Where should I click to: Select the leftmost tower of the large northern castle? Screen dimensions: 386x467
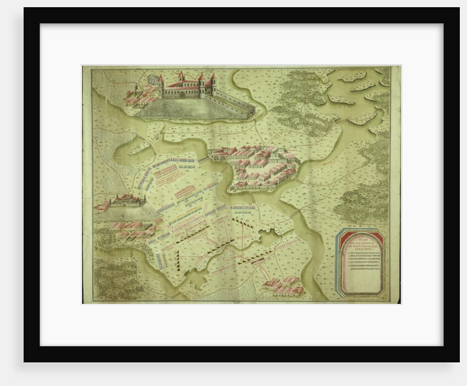[160, 85]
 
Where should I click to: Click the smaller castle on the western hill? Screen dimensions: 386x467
[126, 201]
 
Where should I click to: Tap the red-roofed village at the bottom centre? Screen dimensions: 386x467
[283, 285]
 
